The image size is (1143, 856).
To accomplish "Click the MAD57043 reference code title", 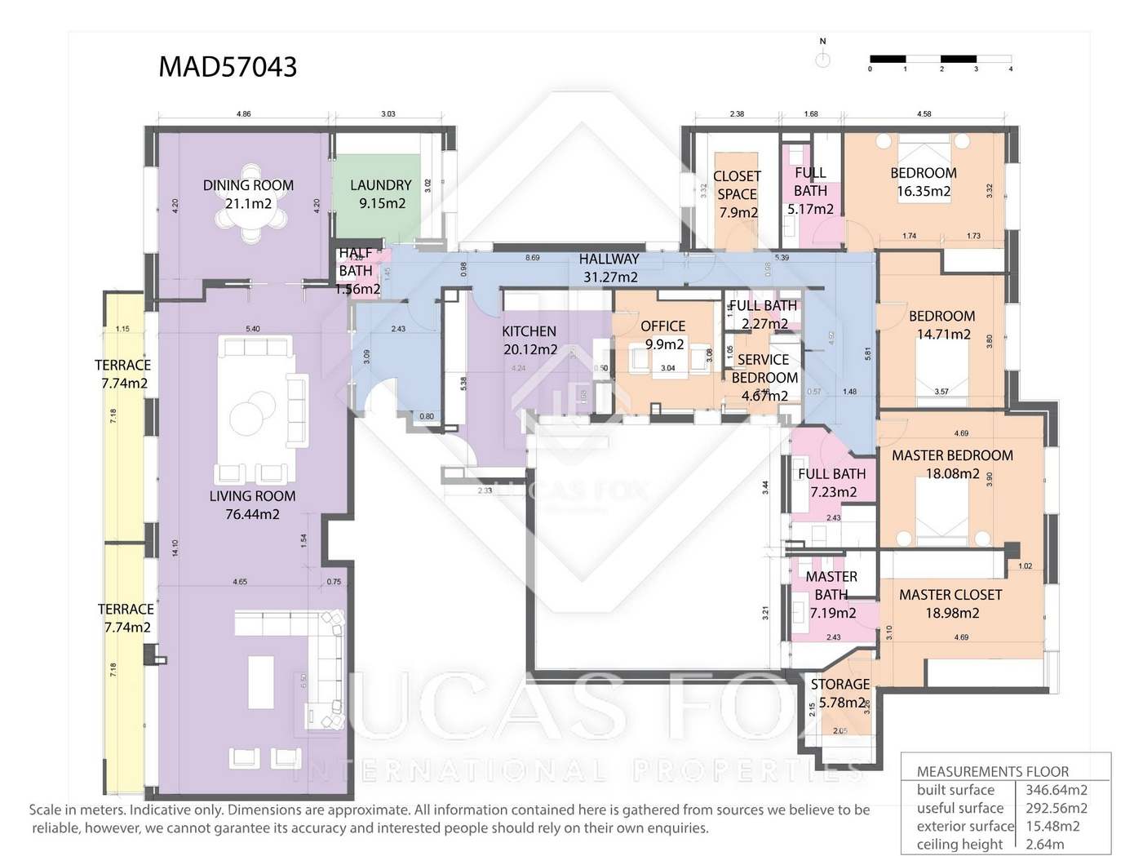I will [228, 66].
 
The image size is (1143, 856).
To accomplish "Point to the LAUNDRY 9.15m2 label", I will [381, 194].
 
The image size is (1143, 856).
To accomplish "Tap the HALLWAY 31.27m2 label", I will [609, 268].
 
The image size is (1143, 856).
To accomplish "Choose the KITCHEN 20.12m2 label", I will [529, 340].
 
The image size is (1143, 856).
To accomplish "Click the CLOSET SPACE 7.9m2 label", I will [737, 194].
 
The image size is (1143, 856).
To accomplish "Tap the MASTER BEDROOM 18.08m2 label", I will [952, 464].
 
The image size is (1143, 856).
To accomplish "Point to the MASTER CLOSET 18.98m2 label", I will [950, 604].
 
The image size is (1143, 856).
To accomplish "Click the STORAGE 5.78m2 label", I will [840, 693].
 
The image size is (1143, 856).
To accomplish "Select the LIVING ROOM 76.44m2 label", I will [252, 505].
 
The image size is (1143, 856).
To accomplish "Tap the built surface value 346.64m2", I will [1057, 790].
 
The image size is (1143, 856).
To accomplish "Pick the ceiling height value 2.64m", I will [1045, 845].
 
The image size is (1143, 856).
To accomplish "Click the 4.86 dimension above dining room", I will [243, 114].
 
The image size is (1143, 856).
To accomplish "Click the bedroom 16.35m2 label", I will [924, 182].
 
